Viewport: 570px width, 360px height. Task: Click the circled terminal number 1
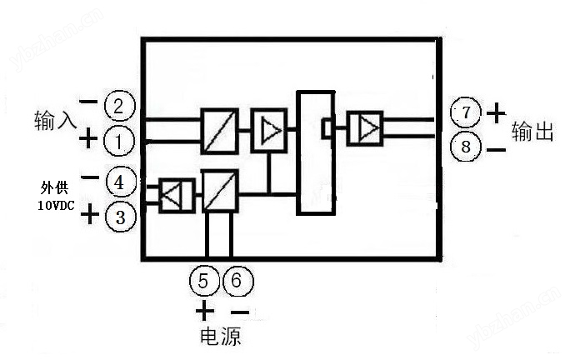point(119,141)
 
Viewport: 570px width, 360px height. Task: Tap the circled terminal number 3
point(120,217)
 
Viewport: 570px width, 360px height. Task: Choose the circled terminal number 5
point(204,282)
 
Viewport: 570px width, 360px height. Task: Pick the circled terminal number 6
point(235,282)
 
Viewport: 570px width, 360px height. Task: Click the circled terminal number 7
point(466,112)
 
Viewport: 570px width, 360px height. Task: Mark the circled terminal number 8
point(466,147)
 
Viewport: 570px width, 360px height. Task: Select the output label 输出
point(532,132)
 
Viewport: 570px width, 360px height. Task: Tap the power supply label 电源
point(221,337)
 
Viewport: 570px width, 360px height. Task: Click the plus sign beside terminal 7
point(496,112)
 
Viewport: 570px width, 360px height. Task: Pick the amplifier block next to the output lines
point(365,129)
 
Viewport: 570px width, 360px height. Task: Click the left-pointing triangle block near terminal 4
point(176,196)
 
